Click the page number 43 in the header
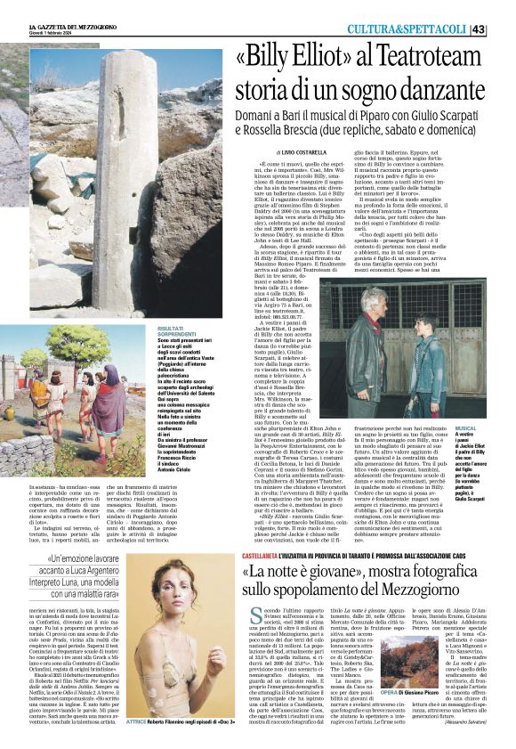(x=504, y=30)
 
